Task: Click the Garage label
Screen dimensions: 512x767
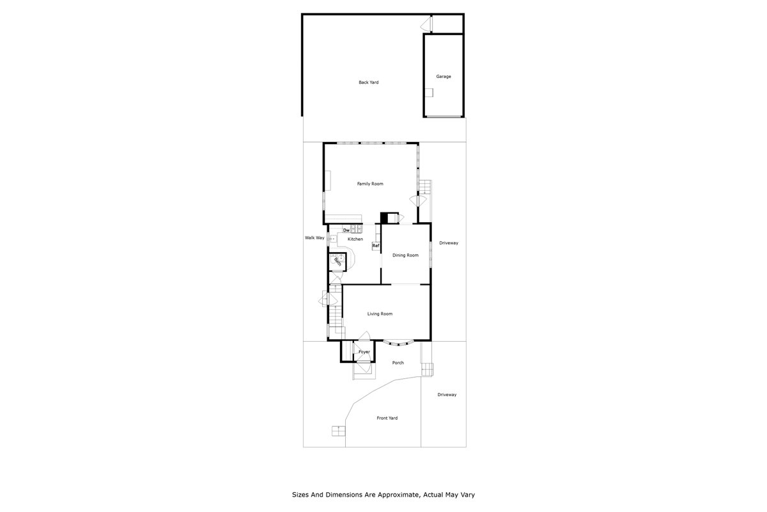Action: (x=444, y=77)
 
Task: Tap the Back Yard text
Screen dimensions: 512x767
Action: (x=369, y=83)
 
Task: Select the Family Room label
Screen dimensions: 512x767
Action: (x=370, y=184)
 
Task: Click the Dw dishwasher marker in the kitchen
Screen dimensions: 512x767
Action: (x=346, y=230)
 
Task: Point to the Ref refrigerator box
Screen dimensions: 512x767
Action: (x=376, y=246)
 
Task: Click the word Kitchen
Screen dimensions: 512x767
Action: (x=355, y=239)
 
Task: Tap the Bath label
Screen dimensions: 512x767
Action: (x=337, y=261)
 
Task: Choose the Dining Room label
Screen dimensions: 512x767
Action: (x=405, y=255)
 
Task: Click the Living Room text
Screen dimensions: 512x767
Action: (x=380, y=314)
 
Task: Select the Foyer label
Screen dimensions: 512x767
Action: (x=364, y=352)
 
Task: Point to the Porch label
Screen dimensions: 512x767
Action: (x=398, y=363)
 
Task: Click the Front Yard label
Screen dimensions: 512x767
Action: (x=387, y=419)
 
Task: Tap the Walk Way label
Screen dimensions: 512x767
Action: (x=314, y=238)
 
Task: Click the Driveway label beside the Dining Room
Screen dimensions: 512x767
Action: (x=449, y=243)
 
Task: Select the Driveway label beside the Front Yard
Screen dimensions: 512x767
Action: (x=447, y=395)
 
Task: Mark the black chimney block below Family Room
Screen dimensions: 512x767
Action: (x=385, y=218)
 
